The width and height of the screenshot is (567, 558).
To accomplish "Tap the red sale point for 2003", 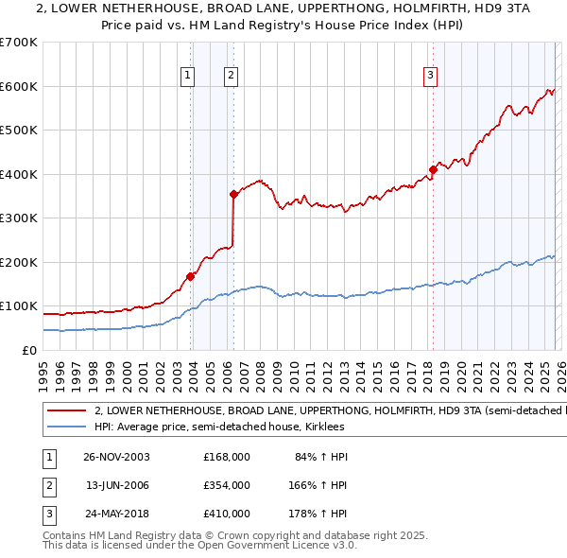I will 191,276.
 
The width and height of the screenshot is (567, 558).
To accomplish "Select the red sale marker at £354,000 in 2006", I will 233,195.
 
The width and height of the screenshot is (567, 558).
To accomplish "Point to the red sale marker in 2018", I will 433,170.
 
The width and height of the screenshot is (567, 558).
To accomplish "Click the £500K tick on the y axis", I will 19,131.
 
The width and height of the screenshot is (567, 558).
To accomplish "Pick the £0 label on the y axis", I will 29,350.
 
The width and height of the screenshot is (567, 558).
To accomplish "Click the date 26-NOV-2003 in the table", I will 117,457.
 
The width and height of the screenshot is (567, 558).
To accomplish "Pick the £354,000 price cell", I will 226,484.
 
